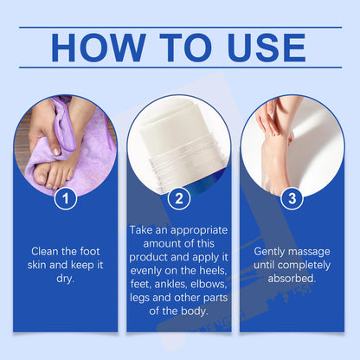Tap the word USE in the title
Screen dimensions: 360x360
(x=267, y=48)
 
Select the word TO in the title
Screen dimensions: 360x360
(x=186, y=48)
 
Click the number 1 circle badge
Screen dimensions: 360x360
(x=66, y=198)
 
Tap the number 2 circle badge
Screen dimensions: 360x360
(x=179, y=198)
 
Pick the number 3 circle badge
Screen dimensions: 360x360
(x=292, y=198)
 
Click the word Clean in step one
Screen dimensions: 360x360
(x=44, y=251)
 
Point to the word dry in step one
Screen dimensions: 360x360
(x=66, y=279)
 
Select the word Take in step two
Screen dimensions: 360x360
(x=141, y=230)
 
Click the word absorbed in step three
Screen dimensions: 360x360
(x=292, y=279)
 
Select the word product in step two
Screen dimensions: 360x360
(x=148, y=258)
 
